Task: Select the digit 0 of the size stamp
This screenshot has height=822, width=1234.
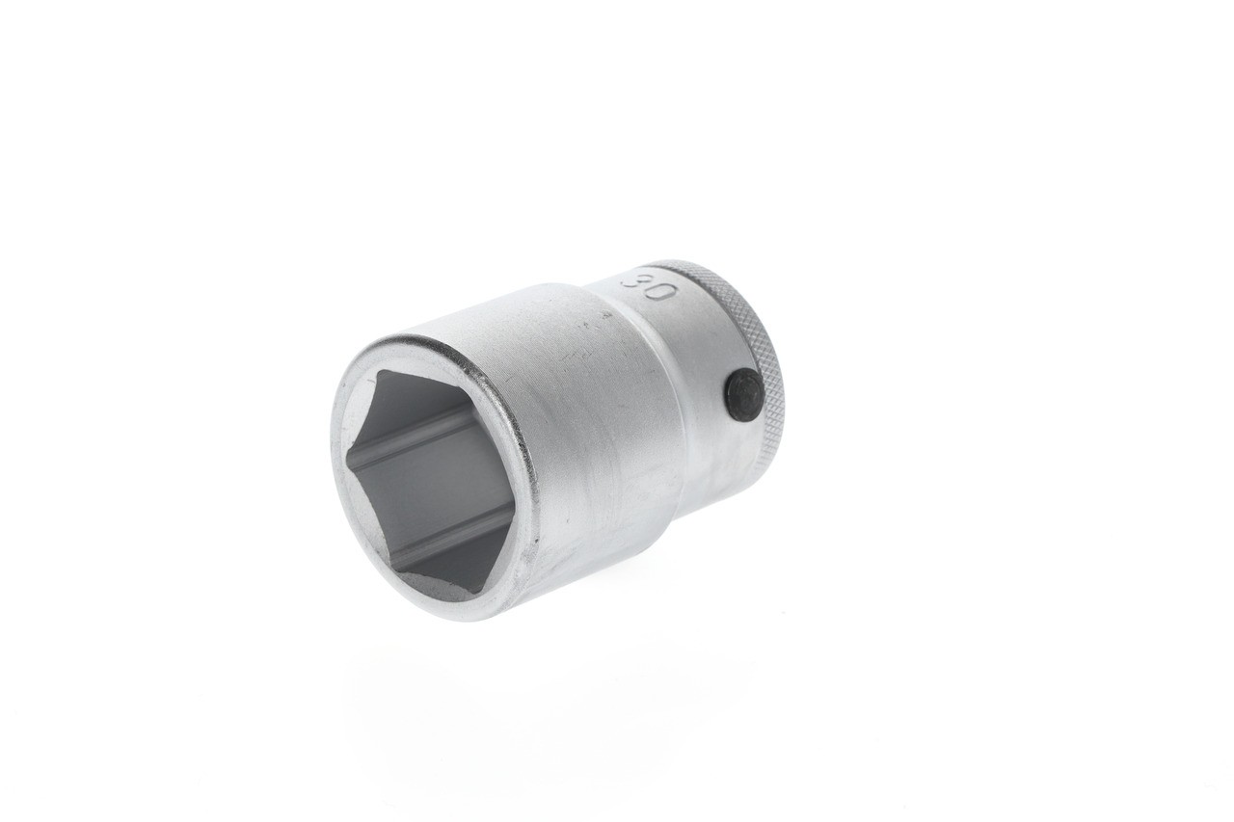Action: [x=660, y=290]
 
